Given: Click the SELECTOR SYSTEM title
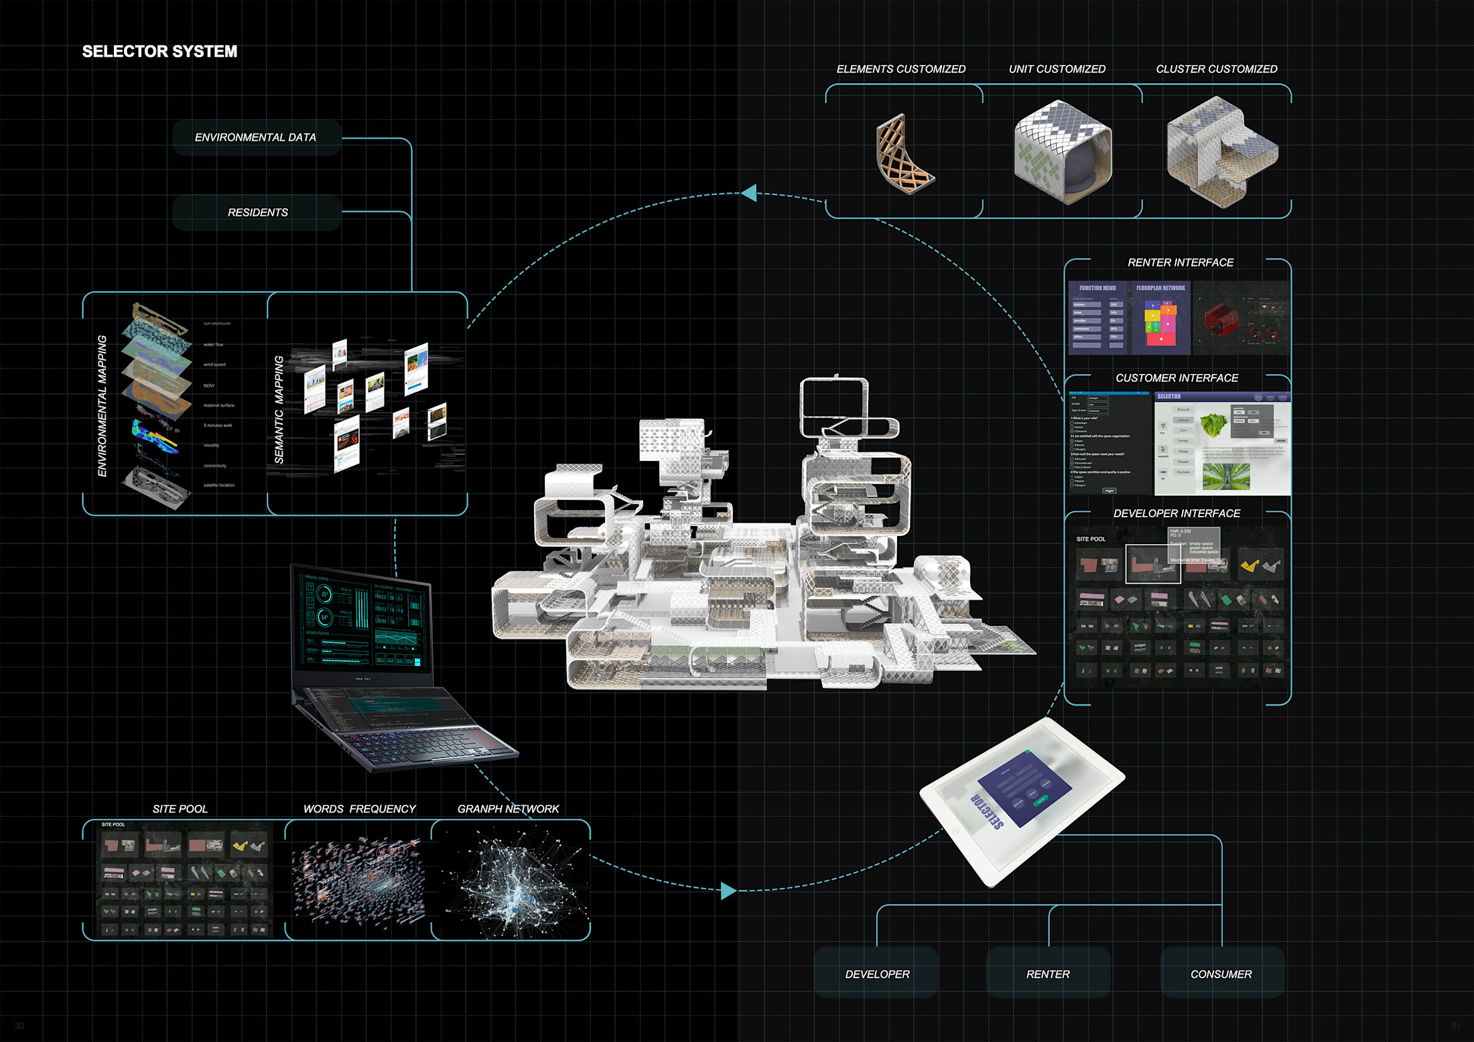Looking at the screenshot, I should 159,52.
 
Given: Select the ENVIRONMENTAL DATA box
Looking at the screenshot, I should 257,137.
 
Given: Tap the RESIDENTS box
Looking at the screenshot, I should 257,212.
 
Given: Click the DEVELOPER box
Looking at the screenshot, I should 876,974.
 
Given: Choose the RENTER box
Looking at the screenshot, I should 1048,974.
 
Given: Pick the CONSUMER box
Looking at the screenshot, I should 1221,974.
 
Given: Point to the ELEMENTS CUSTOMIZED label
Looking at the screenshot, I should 900,69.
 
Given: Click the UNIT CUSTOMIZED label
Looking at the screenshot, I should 1057,69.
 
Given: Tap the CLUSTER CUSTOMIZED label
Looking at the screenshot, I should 1216,69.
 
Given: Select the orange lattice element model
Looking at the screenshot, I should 902,155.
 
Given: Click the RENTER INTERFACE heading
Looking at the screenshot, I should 1180,263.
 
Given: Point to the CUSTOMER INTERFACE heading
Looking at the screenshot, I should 1177,378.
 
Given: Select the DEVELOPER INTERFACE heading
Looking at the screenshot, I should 1177,513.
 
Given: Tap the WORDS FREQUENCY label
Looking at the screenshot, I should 359,809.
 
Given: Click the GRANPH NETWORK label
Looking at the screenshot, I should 508,809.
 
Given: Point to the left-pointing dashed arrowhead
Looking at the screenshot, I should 750,193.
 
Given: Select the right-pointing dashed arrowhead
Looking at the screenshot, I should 728,891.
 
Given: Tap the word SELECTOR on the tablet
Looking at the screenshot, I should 988,811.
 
